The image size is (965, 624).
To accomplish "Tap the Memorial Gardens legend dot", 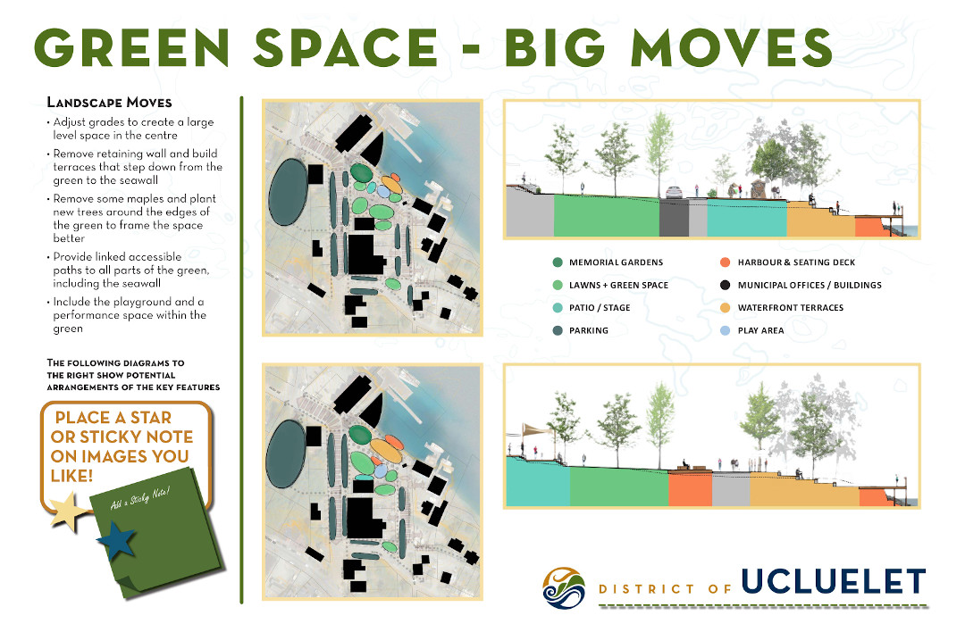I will [558, 262].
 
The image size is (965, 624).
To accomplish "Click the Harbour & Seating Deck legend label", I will [799, 262].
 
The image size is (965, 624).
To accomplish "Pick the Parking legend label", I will [588, 330].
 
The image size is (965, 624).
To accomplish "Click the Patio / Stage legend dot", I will [558, 308].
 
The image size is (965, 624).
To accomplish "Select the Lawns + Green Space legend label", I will [618, 285].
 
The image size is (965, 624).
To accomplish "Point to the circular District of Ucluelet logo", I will [565, 587].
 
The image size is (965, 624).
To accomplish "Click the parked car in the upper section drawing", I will [675, 191].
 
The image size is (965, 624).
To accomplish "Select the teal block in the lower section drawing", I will [538, 483].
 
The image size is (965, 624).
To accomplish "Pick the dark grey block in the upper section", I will [673, 218].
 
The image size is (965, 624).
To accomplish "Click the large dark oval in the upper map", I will [287, 192].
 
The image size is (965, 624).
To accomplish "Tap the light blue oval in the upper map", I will [385, 191].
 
